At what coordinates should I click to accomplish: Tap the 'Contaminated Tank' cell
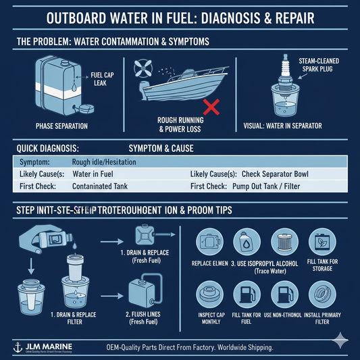click(101, 186)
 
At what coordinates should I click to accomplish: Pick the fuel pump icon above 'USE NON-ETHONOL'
click(286, 295)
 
